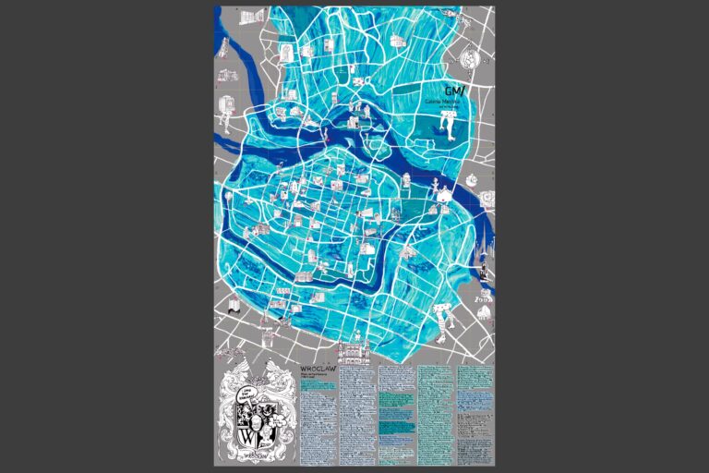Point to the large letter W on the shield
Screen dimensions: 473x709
tap(248, 427)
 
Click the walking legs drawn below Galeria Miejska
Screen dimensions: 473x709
tap(449, 125)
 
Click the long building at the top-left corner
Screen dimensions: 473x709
tap(250, 17)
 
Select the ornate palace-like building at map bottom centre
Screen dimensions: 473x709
tap(354, 352)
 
